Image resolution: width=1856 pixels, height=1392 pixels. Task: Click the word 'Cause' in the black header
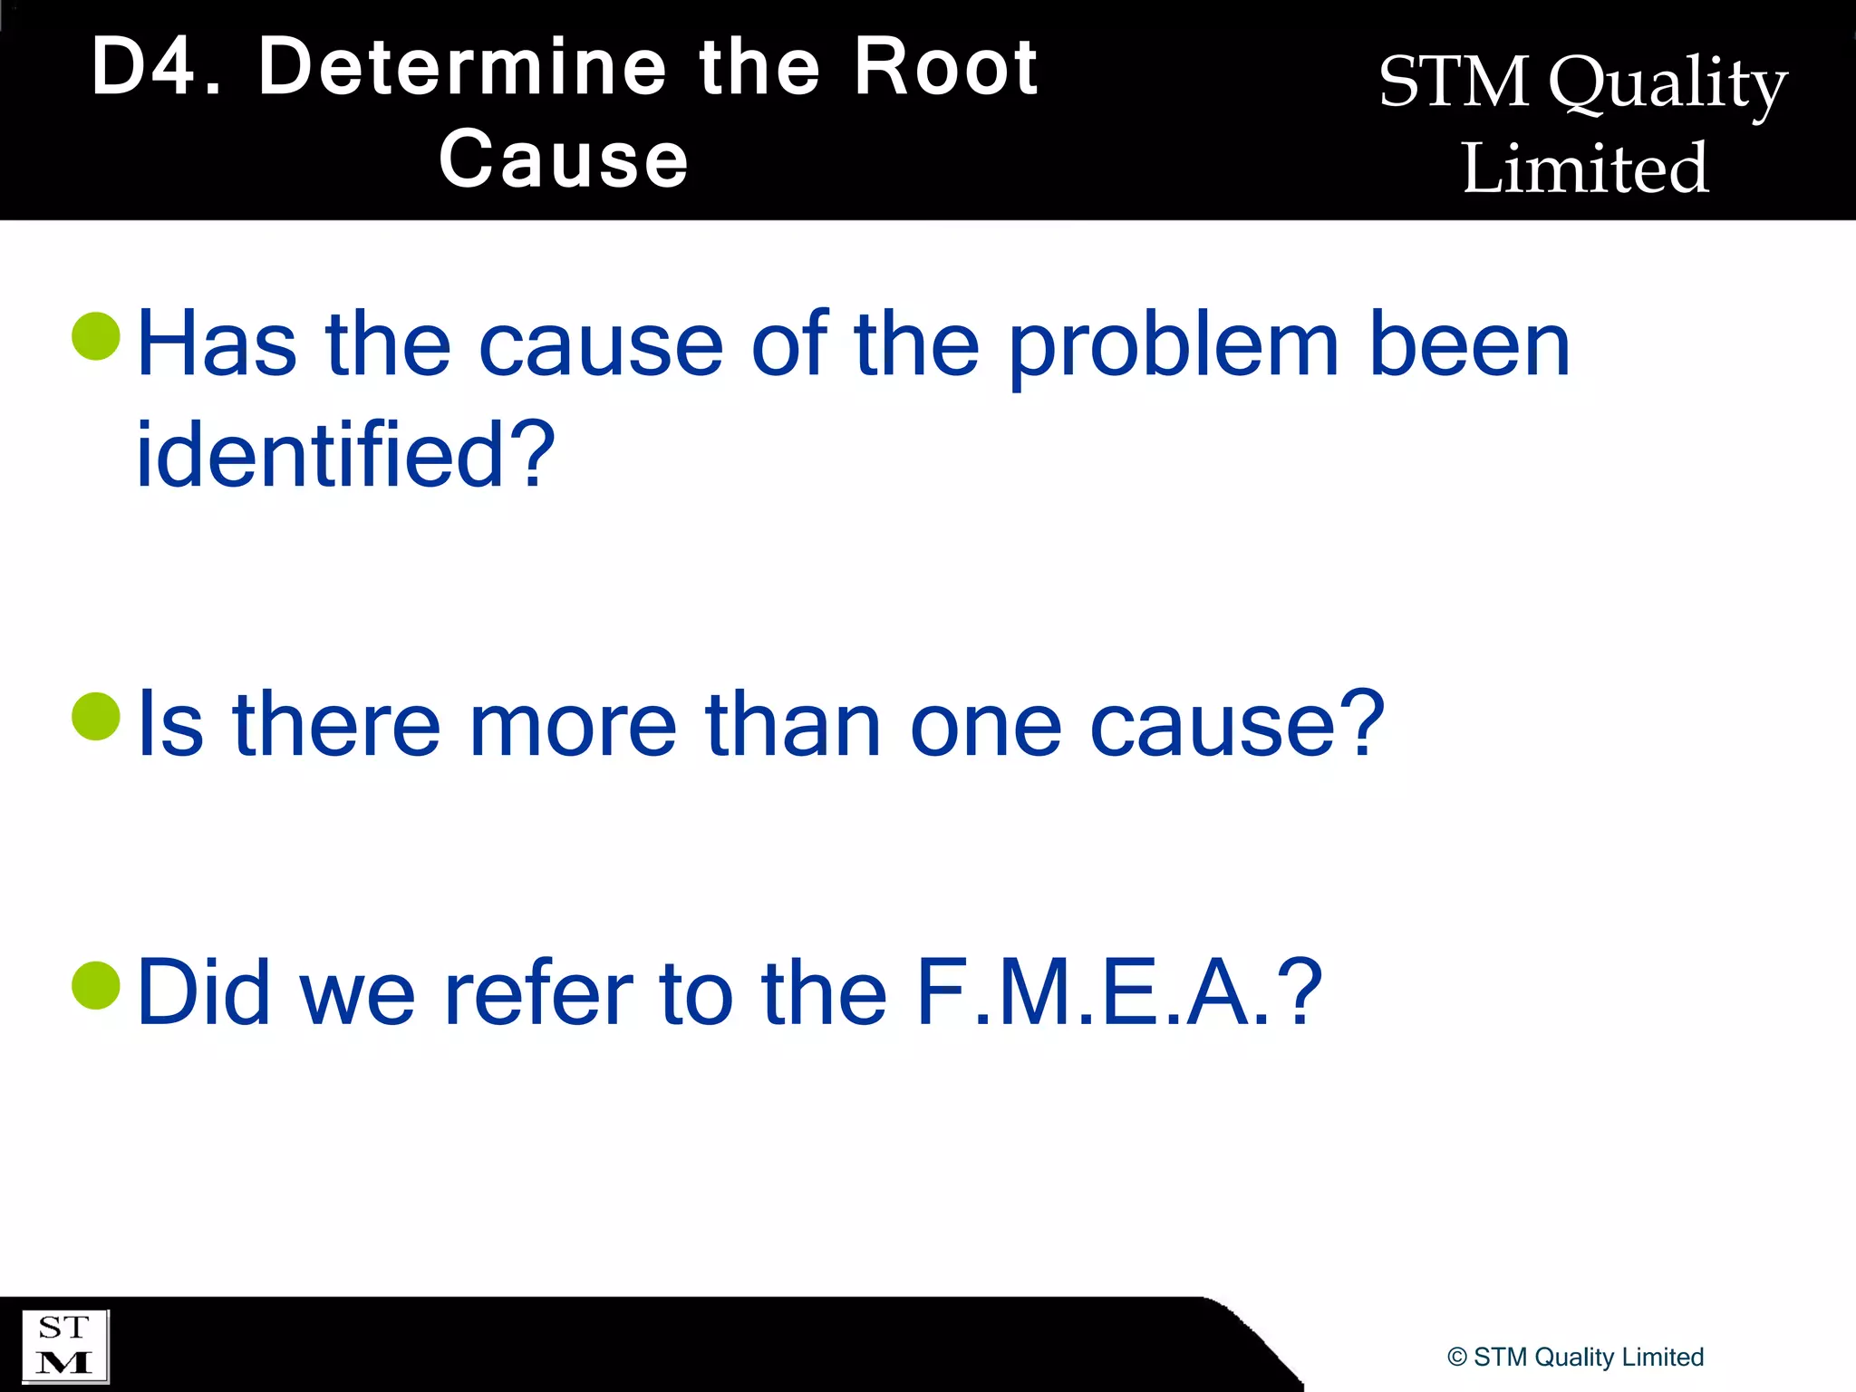click(x=564, y=159)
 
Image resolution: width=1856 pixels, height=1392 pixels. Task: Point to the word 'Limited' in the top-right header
click(x=1585, y=169)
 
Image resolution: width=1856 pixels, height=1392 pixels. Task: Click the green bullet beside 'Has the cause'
click(x=96, y=336)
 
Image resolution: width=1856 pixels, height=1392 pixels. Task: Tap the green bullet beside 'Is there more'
click(x=96, y=716)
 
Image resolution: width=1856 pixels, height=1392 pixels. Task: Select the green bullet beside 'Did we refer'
click(x=96, y=985)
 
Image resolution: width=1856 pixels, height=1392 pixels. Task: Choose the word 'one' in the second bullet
click(x=985, y=726)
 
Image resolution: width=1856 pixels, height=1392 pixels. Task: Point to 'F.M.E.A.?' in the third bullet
click(x=1118, y=993)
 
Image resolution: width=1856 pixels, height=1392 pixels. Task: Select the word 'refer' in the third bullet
click(x=539, y=993)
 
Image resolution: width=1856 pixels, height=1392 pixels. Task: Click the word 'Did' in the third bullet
click(x=204, y=993)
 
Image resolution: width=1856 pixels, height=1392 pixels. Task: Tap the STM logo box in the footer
click(x=64, y=1346)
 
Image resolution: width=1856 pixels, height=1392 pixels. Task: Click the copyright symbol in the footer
click(x=1457, y=1358)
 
